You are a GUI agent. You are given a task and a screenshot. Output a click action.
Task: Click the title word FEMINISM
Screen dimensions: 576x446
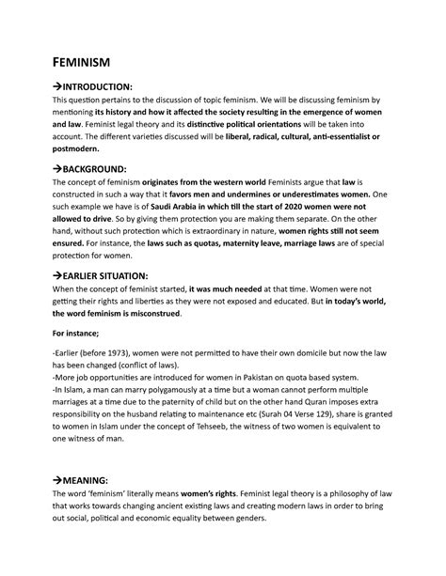click(81, 62)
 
